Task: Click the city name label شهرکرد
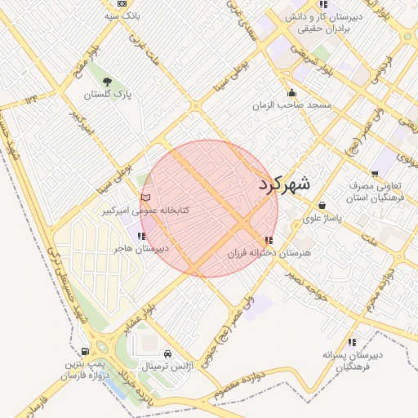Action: click(285, 185)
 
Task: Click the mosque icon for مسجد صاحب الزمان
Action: click(291, 92)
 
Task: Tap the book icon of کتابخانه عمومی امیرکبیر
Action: click(146, 197)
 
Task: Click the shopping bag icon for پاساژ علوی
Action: click(323, 205)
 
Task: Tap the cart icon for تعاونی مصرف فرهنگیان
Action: click(375, 173)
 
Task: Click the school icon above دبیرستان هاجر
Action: click(142, 236)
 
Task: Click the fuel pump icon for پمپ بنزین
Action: click(86, 351)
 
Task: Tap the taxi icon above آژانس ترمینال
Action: click(167, 354)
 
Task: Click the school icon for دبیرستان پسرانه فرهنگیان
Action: click(352, 342)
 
